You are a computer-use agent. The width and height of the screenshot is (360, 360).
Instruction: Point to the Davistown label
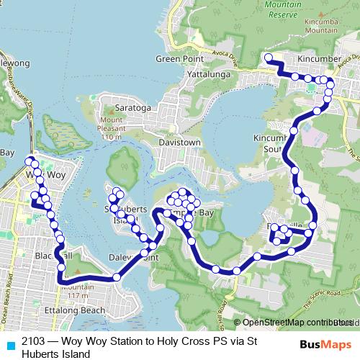pos(179,143)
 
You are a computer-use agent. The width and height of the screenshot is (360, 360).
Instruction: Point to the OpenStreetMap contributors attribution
pos(295,323)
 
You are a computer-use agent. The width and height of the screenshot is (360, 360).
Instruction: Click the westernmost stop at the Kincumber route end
pos(268,58)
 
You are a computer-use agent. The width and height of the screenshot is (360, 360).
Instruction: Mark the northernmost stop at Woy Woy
pos(30,161)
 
